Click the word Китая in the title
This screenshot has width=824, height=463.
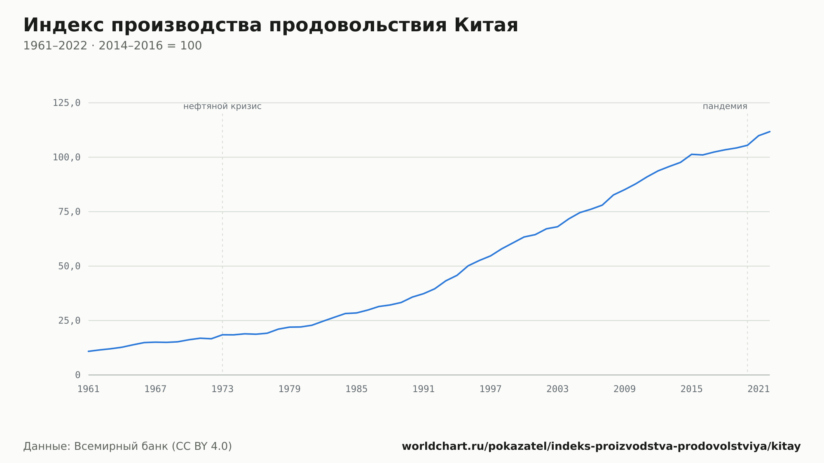[x=486, y=25]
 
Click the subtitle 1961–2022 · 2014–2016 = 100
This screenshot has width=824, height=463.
[x=112, y=46]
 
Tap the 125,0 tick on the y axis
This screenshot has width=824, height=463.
[x=66, y=103]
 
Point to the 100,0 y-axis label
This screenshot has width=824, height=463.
[x=66, y=157]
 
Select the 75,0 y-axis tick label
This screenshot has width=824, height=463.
[x=69, y=212]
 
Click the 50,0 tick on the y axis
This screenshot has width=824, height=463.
[x=69, y=266]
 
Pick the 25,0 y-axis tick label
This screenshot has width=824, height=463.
[x=69, y=320]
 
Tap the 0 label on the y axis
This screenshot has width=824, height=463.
[x=78, y=375]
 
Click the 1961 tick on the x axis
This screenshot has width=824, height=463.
[x=89, y=389]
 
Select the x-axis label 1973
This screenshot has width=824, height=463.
[x=222, y=389]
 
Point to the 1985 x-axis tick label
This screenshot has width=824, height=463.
[x=356, y=389]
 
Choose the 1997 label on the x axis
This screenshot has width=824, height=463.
[x=491, y=389]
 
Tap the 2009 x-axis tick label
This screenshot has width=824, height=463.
[x=625, y=389]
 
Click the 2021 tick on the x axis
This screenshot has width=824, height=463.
[x=758, y=389]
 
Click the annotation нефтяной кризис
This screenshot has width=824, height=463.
[x=222, y=106]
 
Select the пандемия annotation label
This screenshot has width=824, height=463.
[x=725, y=106]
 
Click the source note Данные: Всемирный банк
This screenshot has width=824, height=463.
[x=128, y=447]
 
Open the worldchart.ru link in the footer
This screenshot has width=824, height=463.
[x=601, y=447]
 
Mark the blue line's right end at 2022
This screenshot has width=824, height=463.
[x=770, y=131]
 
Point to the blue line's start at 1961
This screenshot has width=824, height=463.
[x=89, y=351]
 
